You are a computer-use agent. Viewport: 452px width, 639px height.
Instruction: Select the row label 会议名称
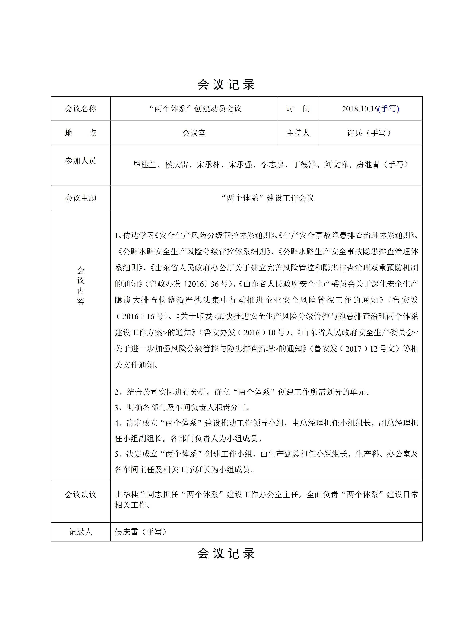81,109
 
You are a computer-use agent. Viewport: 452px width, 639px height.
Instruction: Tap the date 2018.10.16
360,109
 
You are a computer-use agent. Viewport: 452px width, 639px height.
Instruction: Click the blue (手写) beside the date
389,109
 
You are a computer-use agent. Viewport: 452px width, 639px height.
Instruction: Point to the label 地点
81,133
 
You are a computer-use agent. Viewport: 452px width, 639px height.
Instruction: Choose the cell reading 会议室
194,133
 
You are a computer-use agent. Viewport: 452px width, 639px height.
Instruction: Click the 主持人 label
298,133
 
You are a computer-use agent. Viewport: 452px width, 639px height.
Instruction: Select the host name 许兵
354,133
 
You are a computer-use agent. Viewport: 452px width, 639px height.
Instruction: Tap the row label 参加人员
81,161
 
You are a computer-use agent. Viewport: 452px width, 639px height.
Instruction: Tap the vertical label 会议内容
81,286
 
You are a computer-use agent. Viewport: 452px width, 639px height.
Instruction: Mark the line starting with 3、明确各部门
182,408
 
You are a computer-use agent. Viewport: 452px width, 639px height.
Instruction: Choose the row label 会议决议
81,495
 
